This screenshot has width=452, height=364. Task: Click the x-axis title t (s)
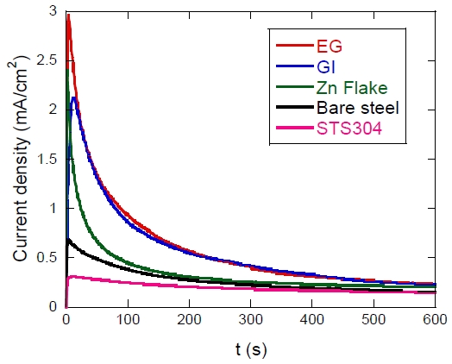click(251, 349)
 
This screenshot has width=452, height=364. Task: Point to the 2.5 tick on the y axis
click(46, 60)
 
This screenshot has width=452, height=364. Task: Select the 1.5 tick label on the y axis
click(46, 159)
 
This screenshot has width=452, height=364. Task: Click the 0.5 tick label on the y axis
click(46, 257)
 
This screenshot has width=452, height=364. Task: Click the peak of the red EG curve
click(68, 16)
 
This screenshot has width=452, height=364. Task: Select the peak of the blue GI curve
click(75, 97)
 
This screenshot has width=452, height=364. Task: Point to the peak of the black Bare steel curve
click(68, 239)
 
